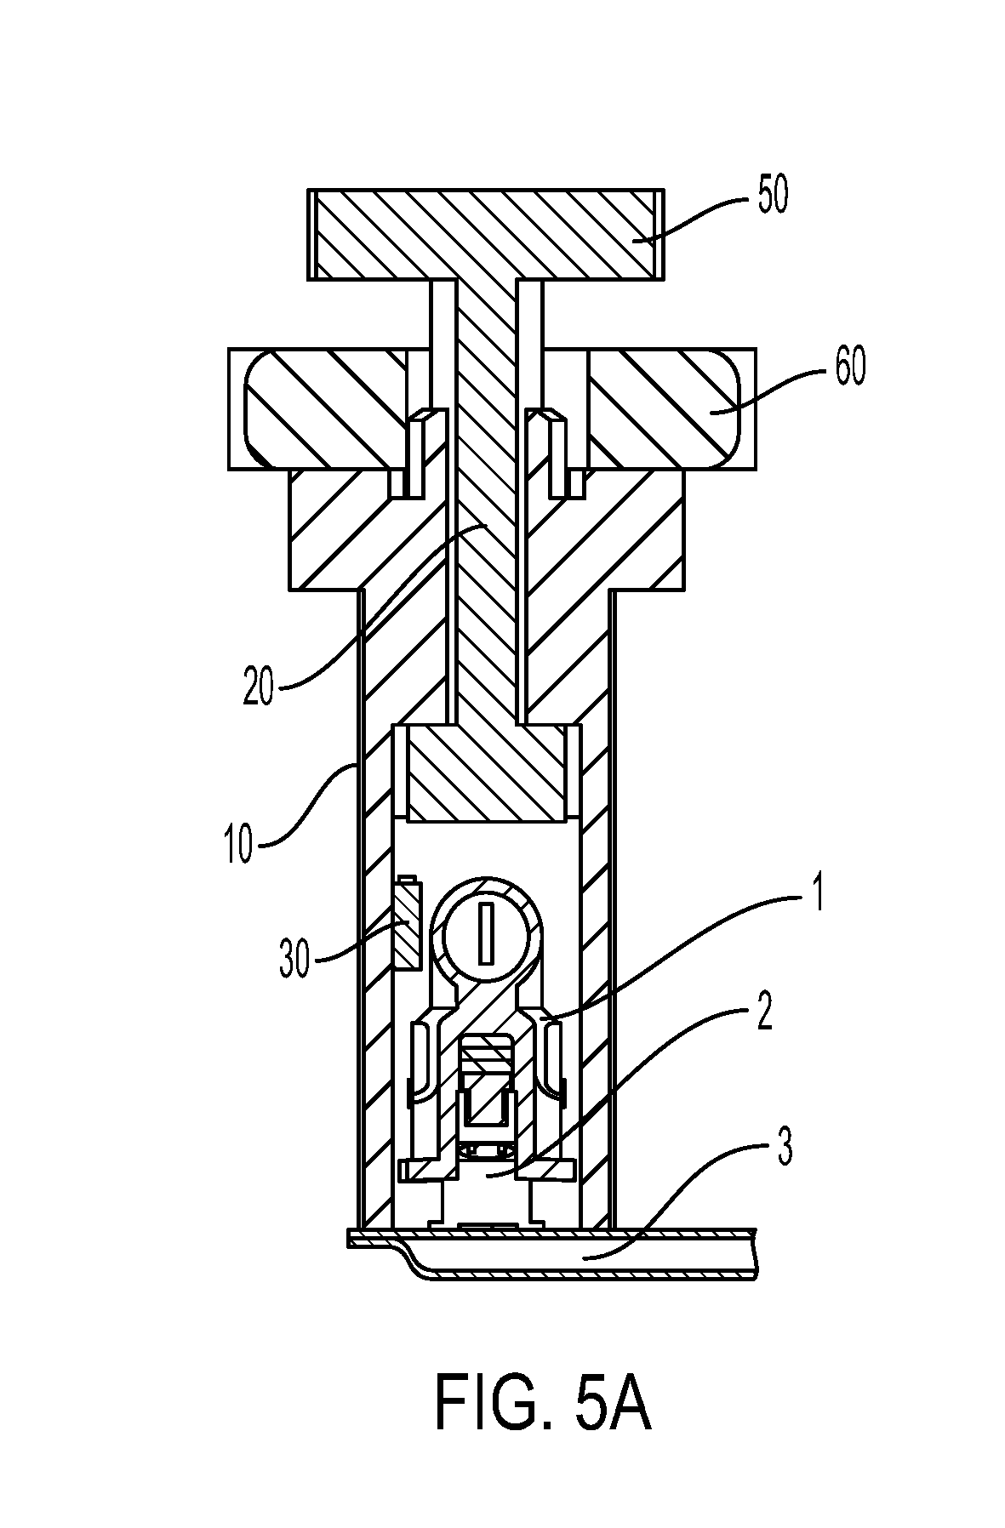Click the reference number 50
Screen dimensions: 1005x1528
tap(768, 196)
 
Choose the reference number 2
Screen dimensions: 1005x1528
tap(765, 1014)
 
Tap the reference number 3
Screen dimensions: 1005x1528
tap(784, 1149)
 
